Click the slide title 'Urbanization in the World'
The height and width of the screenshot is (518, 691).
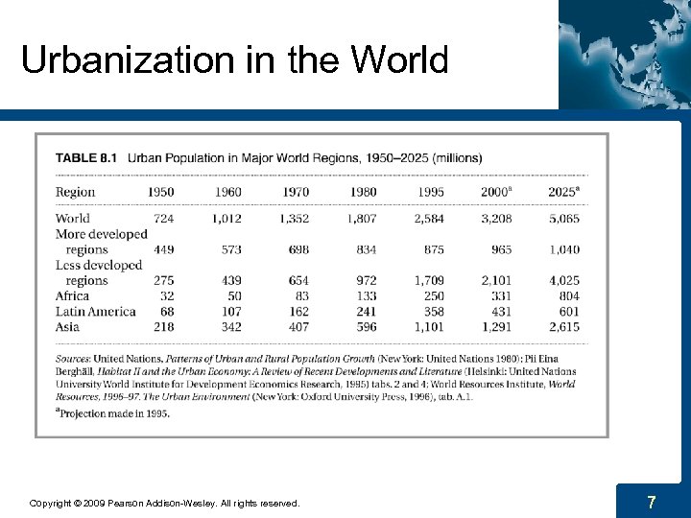pyautogui.click(x=234, y=59)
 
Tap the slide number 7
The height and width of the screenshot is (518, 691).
pyautogui.click(x=652, y=502)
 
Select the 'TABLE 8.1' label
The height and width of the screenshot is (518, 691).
pyautogui.click(x=88, y=157)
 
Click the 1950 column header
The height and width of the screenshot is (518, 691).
pyautogui.click(x=160, y=192)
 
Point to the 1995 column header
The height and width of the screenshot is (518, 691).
pyautogui.click(x=431, y=192)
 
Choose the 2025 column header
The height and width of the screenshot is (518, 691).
pyautogui.click(x=563, y=192)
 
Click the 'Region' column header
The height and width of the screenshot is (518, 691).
pyautogui.click(x=75, y=192)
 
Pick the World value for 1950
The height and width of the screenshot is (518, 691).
pyautogui.click(x=163, y=218)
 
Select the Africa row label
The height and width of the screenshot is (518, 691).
pyautogui.click(x=73, y=296)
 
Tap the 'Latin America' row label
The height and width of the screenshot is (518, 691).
pyautogui.click(x=95, y=312)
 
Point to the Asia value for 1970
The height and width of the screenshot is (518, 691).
pyautogui.click(x=296, y=327)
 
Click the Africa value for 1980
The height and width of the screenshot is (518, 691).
pyautogui.click(x=364, y=296)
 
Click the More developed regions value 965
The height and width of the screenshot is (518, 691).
pyautogui.click(x=502, y=249)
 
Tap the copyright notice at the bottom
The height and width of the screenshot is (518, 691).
pyautogui.click(x=164, y=503)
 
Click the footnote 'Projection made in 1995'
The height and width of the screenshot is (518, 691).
pyautogui.click(x=113, y=413)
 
